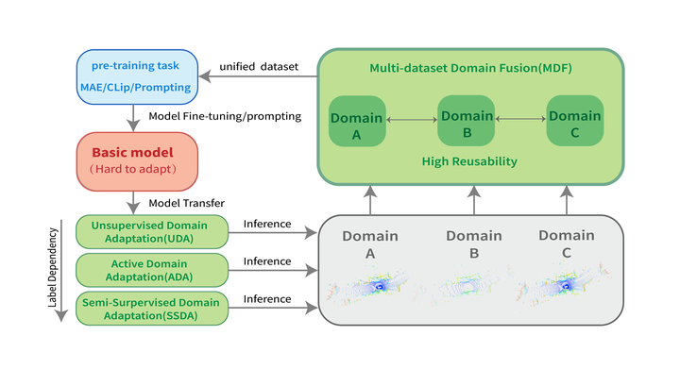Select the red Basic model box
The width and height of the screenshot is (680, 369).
pos(137,159)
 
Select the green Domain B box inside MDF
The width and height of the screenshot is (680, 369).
pos(467,120)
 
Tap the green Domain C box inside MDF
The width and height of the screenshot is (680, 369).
pos(575,120)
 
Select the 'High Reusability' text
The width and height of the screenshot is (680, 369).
pos(468,161)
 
